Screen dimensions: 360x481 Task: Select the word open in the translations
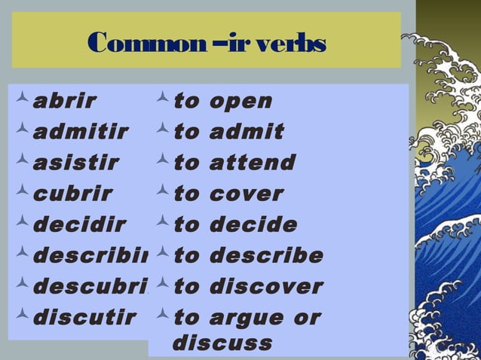(241, 102)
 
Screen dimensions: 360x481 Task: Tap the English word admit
(247, 132)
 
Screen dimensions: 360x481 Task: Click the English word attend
(253, 163)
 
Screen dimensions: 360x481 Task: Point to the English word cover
(247, 194)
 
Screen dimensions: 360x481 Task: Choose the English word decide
(253, 224)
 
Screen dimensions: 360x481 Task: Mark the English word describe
(266, 255)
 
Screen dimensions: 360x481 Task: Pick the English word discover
(266, 286)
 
